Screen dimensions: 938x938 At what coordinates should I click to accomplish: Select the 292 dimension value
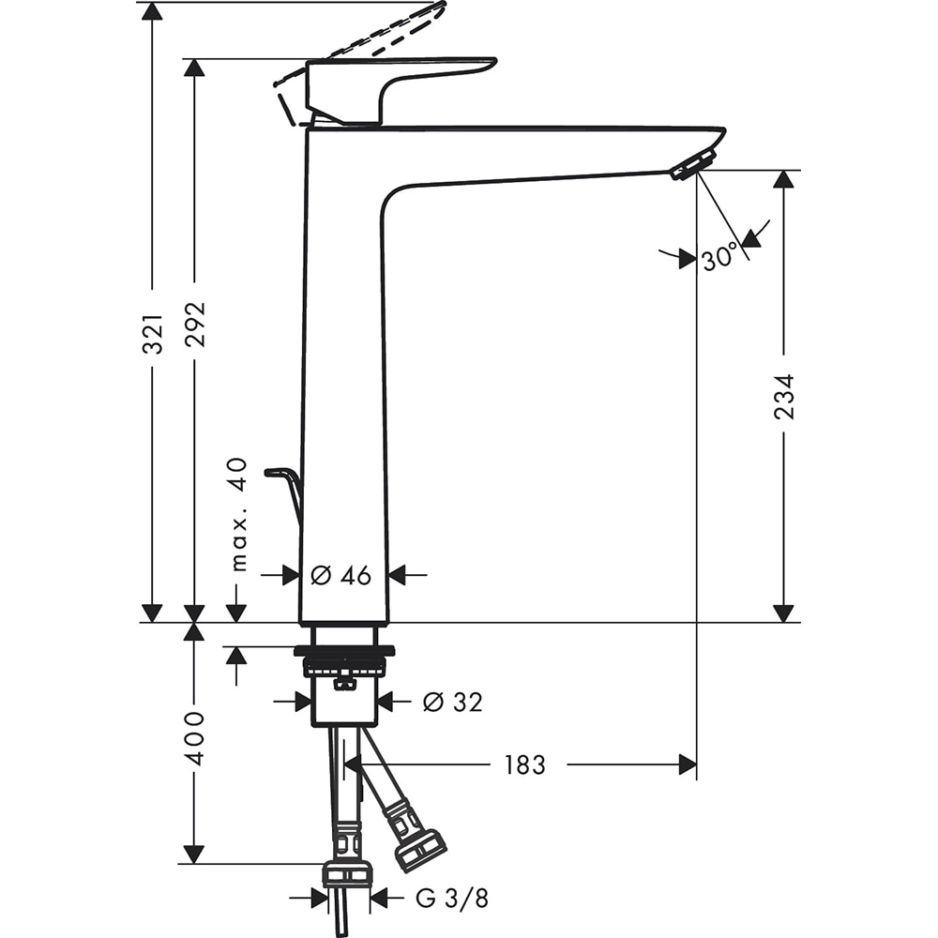[x=195, y=325]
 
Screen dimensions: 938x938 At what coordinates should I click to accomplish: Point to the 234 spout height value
[x=784, y=396]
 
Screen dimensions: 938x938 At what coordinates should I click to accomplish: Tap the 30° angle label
[x=720, y=259]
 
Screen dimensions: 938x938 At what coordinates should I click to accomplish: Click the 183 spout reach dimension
[x=524, y=765]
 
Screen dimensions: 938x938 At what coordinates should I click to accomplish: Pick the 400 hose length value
[x=194, y=737]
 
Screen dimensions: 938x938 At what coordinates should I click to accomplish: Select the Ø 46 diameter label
[x=340, y=575]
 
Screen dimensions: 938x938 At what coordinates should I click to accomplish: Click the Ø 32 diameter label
[x=452, y=701]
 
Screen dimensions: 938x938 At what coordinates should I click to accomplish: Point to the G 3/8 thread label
[x=452, y=899]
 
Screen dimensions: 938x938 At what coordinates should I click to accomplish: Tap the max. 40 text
[x=237, y=514]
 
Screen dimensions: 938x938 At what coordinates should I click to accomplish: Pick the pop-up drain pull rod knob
[x=280, y=472]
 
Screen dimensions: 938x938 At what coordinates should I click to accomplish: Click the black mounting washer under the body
[x=344, y=650]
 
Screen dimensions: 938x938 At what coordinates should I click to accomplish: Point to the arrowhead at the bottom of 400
[x=194, y=853]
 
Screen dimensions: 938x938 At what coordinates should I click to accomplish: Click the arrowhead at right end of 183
[x=688, y=764]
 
